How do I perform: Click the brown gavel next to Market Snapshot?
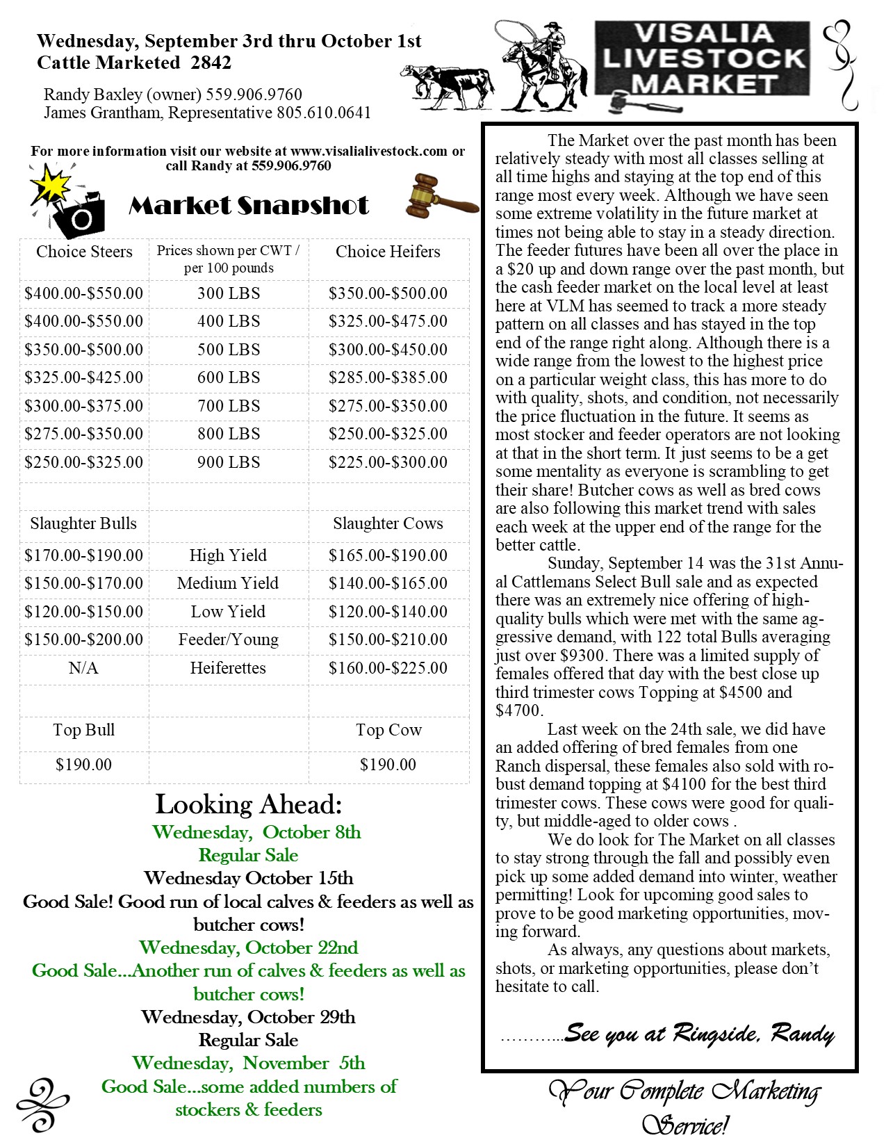coord(441,197)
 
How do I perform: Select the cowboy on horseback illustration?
coord(542,66)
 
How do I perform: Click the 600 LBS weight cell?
coord(229,377)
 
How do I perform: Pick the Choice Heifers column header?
coord(388,252)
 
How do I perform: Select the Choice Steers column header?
coord(84,252)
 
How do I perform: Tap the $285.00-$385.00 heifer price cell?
coord(388,377)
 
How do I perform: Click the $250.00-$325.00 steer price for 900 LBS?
coord(84,462)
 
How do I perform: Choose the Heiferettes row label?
coord(228,668)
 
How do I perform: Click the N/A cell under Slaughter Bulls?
coord(83,668)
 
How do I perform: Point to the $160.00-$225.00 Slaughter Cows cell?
coord(388,668)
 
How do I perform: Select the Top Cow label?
coord(388,730)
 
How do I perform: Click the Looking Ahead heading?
coord(249,804)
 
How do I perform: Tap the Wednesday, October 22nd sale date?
coord(249,947)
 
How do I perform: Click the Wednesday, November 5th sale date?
coord(249,1063)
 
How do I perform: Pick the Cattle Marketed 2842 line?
coord(134,63)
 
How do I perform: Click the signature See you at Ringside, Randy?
coord(698,1034)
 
